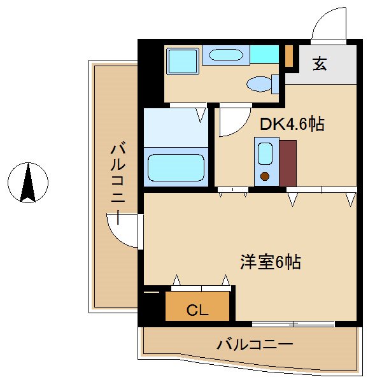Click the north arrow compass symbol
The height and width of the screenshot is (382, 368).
[28, 183]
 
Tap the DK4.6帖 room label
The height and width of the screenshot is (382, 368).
[292, 124]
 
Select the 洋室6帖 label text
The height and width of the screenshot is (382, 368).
[270, 262]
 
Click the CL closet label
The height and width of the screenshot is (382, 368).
[197, 310]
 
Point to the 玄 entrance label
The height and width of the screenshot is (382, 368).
[320, 64]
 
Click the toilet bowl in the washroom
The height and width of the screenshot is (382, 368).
[260, 83]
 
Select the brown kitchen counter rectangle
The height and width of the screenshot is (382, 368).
[288, 163]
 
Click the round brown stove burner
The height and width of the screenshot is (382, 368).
[265, 176]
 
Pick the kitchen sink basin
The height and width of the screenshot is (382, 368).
[265, 154]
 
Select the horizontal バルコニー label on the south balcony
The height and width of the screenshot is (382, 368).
[254, 345]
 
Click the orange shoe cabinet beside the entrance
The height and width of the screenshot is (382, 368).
[288, 56]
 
